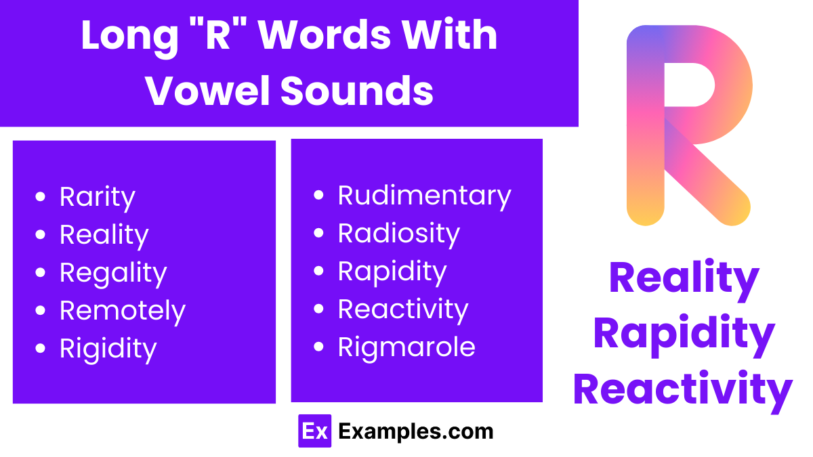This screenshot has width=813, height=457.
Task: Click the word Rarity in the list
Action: tap(98, 197)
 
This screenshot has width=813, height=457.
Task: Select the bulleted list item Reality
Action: tap(104, 235)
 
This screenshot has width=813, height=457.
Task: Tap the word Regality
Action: tap(113, 273)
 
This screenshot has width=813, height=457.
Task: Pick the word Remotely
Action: tap(123, 311)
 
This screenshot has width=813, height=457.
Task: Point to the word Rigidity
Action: tap(108, 349)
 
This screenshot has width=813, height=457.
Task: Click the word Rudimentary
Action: tap(425, 196)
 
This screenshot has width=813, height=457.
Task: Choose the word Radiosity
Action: tap(399, 234)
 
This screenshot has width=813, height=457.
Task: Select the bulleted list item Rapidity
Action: tap(392, 271)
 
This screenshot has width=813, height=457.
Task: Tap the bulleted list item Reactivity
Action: tap(403, 309)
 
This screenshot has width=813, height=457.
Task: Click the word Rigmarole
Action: tap(406, 347)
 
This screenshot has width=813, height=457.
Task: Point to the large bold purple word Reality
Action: tap(684, 278)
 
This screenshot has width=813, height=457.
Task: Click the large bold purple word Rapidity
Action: tap(684, 334)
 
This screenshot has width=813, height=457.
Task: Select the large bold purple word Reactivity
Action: tap(683, 389)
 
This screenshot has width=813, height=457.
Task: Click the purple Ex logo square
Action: tap(314, 431)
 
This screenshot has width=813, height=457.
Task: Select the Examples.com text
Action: tap(416, 431)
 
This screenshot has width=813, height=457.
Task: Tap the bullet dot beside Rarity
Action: tap(41, 198)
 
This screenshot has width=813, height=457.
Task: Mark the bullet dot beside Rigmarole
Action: tap(320, 348)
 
